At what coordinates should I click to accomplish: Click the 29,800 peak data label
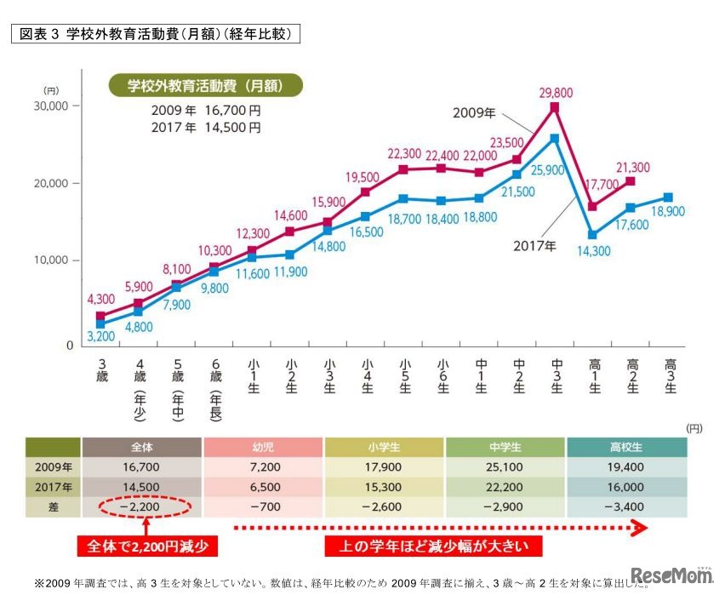coord(554,93)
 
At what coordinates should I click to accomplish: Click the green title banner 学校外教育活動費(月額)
coord(205,86)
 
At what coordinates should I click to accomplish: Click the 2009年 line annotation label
coord(475,112)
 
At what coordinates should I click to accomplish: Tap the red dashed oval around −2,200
coord(142,508)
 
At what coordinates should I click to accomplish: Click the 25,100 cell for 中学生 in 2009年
coord(505,467)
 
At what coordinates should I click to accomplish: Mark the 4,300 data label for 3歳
coord(101,300)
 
